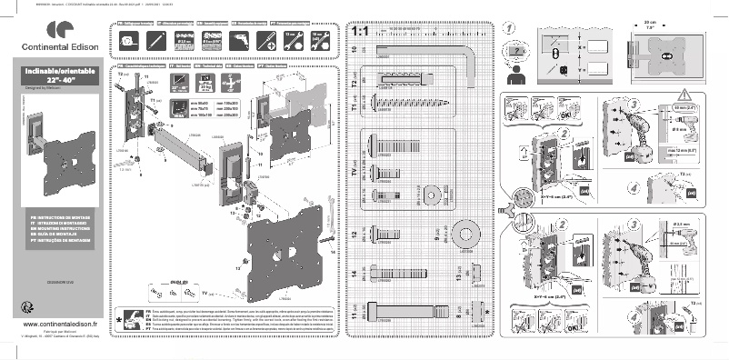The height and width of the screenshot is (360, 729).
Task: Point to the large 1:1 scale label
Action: [x=358, y=33]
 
